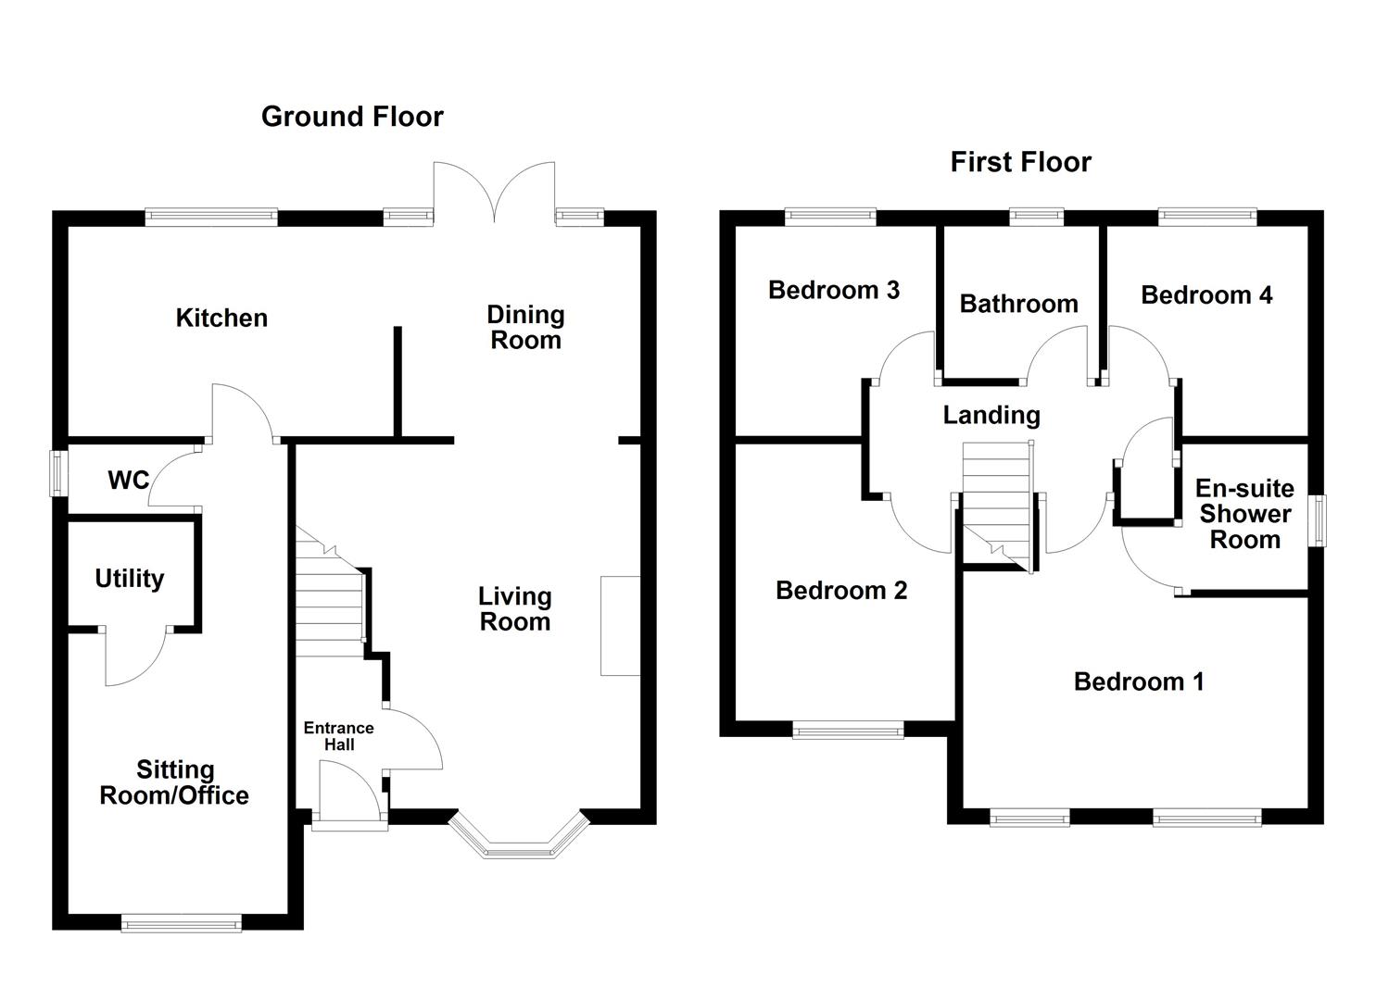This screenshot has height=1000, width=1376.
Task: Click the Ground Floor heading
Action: (352, 117)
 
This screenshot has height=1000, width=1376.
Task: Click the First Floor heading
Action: (1020, 162)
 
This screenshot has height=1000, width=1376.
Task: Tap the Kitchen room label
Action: (221, 318)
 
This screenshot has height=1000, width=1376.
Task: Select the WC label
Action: (128, 480)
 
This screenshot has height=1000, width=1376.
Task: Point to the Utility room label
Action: (130, 579)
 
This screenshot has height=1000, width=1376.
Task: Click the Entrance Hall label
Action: (338, 736)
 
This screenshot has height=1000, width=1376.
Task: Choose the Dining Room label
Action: (525, 328)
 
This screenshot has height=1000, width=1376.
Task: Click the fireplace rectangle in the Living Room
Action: (620, 626)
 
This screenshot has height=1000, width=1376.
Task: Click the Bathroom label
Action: (1018, 304)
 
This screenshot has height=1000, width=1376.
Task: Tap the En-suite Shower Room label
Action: (1244, 514)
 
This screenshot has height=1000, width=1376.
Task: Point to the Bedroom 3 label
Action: (834, 290)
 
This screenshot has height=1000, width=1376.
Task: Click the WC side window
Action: (59, 472)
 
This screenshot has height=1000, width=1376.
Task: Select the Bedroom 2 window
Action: (848, 731)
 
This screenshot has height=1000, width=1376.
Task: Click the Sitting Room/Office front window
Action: (181, 921)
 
